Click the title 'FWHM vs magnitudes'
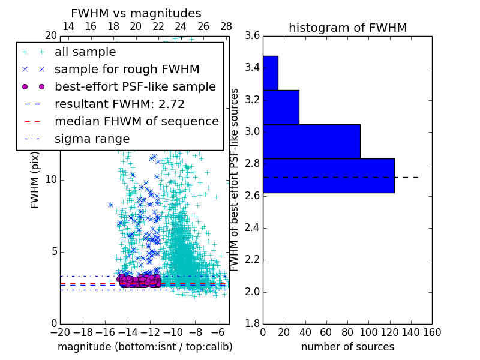pos(136,13)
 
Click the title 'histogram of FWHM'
pos(347,28)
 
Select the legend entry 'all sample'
pos(85,52)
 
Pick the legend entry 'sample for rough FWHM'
pos(127,69)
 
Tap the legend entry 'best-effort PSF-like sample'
pos(135,86)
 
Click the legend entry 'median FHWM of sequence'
pos(136,121)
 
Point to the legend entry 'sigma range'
pos(92,139)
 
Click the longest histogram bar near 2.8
pos(328,176)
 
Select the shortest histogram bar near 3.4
pos(271,73)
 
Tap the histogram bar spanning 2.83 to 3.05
pos(311,142)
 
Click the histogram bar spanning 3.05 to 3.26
pos(281,107)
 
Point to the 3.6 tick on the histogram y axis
pos(252,35)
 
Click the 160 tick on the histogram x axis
pos(432,332)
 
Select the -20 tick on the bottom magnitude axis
pos(60,332)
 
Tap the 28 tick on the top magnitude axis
pos(226,26)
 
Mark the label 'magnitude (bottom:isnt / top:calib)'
pos(145,347)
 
